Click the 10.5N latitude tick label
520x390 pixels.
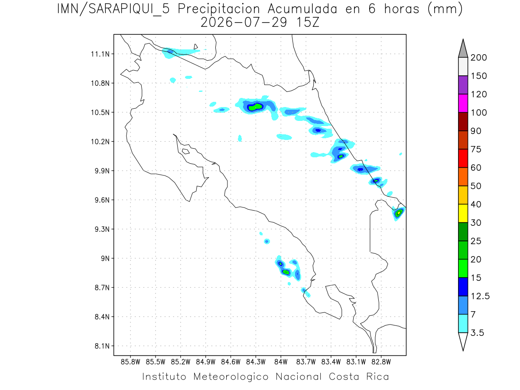pyautogui.click(x=100, y=113)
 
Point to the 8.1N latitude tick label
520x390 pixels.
pyautogui.click(x=102, y=346)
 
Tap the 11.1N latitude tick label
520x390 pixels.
pyautogui.click(x=100, y=54)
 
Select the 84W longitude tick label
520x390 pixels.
pyautogui.click(x=281, y=362)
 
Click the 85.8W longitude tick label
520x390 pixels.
pyautogui.click(x=130, y=362)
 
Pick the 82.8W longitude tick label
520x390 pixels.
pyautogui.click(x=381, y=362)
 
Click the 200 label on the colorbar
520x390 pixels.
pyautogui.click(x=478, y=58)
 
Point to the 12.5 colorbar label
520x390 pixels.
pyautogui.click(x=480, y=296)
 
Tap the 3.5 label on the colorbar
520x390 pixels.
pyautogui.click(x=477, y=333)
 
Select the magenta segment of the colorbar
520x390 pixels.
pyautogui.click(x=463, y=103)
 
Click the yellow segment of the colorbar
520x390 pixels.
pyautogui.click(x=463, y=213)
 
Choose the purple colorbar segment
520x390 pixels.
pyautogui.click(x=463, y=85)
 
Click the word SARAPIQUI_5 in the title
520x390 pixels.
pyautogui.click(x=129, y=10)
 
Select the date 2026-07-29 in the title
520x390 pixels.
pyautogui.click(x=244, y=23)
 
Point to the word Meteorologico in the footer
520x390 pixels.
pyautogui.click(x=231, y=377)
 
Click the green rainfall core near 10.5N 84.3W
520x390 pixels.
pyautogui.click(x=255, y=107)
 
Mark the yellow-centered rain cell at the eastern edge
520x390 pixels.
pyautogui.click(x=399, y=213)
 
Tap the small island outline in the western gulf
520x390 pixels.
pyautogui.click(x=186, y=151)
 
